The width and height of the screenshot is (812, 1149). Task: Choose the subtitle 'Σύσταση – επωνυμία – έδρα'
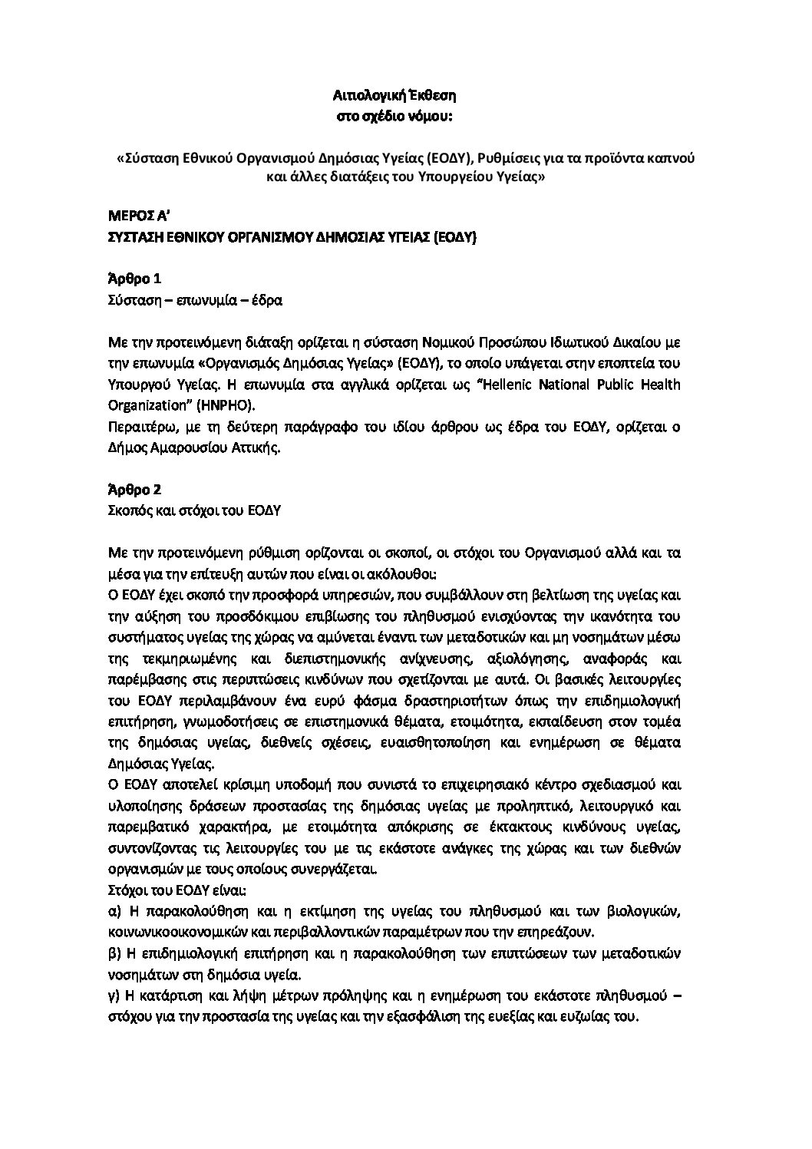coord(195,300)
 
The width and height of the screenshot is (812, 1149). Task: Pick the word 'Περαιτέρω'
coord(137,427)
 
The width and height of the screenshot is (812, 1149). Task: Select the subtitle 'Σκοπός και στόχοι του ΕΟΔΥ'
coord(193,510)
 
